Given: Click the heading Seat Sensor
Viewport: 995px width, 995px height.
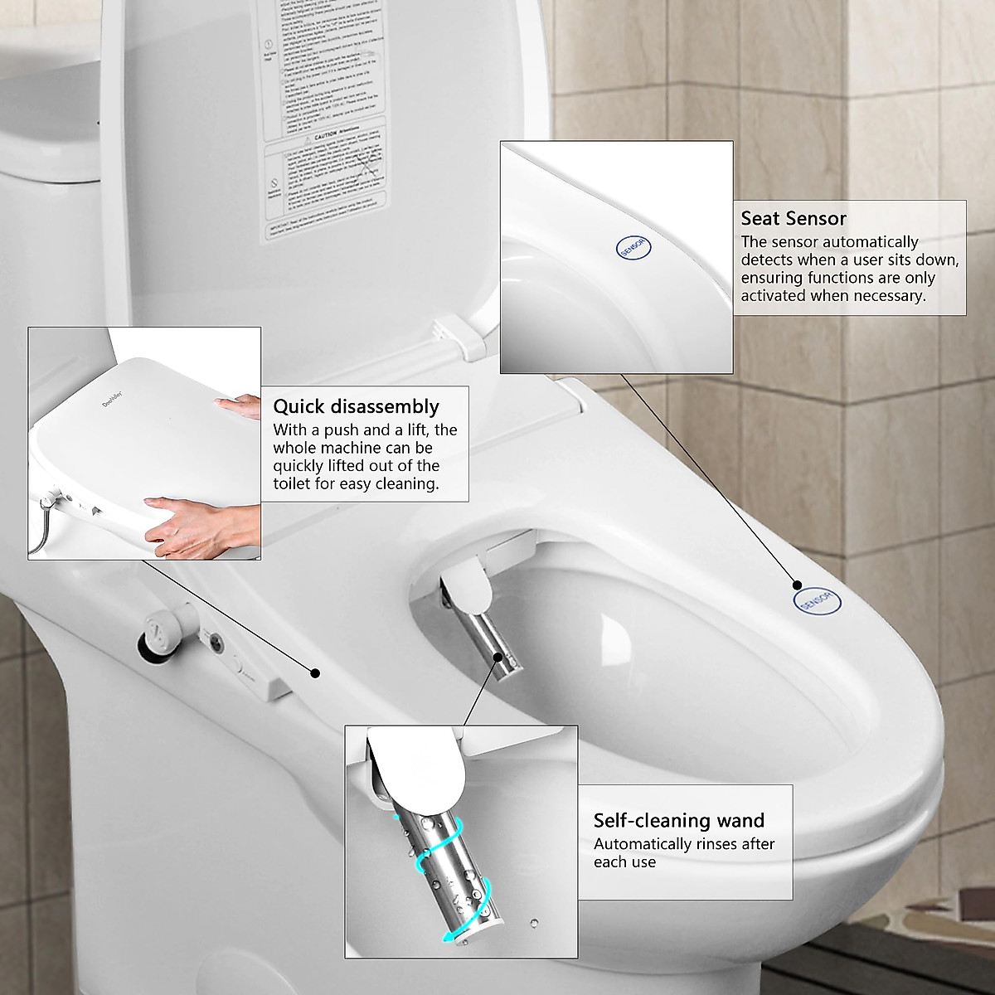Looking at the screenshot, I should coord(794,219).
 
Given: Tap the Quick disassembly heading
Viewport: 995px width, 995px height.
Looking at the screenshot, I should coord(357,406).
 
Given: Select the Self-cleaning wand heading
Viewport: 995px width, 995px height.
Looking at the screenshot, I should coord(678,820).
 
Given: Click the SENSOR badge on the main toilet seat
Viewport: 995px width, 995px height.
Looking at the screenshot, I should coord(817,601).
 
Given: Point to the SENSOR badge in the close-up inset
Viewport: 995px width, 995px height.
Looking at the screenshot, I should coord(634,246).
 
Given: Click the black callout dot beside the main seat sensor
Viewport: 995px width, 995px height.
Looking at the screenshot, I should coord(797,585).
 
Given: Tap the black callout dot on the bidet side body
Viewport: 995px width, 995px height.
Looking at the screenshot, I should coord(315,672).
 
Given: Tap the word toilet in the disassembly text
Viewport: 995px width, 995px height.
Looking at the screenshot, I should coord(294,483).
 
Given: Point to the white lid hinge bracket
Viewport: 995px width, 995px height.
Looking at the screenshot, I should coord(465,337).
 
